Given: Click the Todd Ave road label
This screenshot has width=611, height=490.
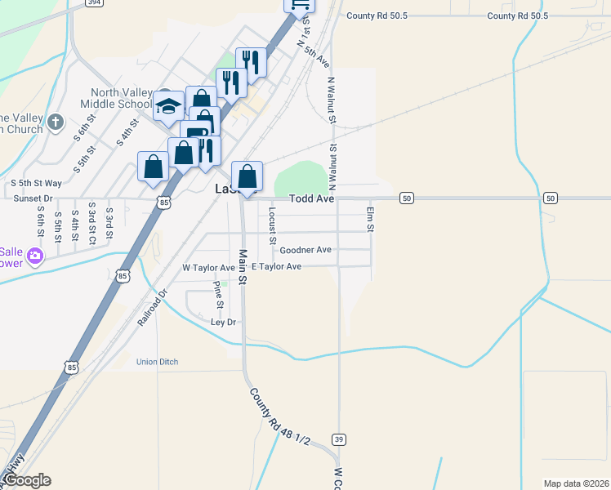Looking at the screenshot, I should click(311, 198).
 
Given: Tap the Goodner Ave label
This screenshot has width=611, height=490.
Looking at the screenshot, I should click(305, 250).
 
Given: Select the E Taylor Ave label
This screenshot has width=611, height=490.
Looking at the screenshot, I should click(276, 267).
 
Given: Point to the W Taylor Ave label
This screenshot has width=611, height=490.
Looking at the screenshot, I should click(207, 267).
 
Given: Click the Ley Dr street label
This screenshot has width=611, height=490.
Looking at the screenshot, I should click(223, 322).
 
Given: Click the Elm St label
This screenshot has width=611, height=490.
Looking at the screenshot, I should click(370, 218).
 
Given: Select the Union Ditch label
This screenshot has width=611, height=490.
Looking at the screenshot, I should click(157, 362).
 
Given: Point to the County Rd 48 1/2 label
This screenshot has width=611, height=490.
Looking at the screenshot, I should click(280, 416).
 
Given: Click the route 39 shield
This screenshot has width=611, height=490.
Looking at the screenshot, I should click(339, 439).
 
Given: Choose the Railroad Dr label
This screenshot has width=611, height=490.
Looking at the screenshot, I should click(152, 308).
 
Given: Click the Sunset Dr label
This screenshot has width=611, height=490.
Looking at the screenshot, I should click(33, 198).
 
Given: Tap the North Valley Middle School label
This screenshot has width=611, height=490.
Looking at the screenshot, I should click(112, 98).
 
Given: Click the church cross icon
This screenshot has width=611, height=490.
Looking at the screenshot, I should click(55, 122).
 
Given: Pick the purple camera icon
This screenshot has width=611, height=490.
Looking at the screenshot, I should click(34, 256).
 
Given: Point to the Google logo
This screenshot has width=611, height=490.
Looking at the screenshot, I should click(26, 480).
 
